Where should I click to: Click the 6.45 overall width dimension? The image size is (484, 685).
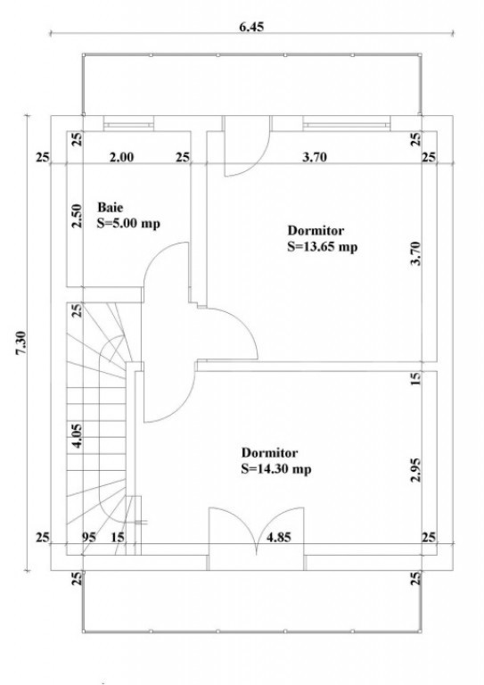pyautogui.click(x=251, y=27)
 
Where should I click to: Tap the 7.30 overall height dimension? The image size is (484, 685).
pyautogui.click(x=21, y=342)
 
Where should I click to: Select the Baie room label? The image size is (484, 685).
pyautogui.click(x=110, y=207)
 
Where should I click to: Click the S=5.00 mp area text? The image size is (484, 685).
pyautogui.click(x=128, y=223)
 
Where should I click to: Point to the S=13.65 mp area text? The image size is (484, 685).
pyautogui.click(x=323, y=246)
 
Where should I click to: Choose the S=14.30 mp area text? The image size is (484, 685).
pyautogui.click(x=276, y=469)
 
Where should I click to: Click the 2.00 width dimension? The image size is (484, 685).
pyautogui.click(x=122, y=156)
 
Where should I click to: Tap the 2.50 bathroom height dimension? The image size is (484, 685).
pyautogui.click(x=77, y=215)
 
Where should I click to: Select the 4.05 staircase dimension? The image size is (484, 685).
pyautogui.click(x=77, y=435)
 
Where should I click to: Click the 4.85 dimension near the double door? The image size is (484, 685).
pyautogui.click(x=278, y=536)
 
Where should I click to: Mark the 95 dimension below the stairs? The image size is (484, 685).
pyautogui.click(x=89, y=536)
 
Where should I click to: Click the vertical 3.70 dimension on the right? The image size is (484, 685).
pyautogui.click(x=416, y=253)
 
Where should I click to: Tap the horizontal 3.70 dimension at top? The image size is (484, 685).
pyautogui.click(x=315, y=156)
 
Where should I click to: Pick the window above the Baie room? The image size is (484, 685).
pyautogui.click(x=128, y=124)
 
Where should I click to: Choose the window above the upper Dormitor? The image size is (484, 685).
pyautogui.click(x=347, y=124)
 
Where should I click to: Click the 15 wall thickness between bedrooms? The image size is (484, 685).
pyautogui.click(x=416, y=378)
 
